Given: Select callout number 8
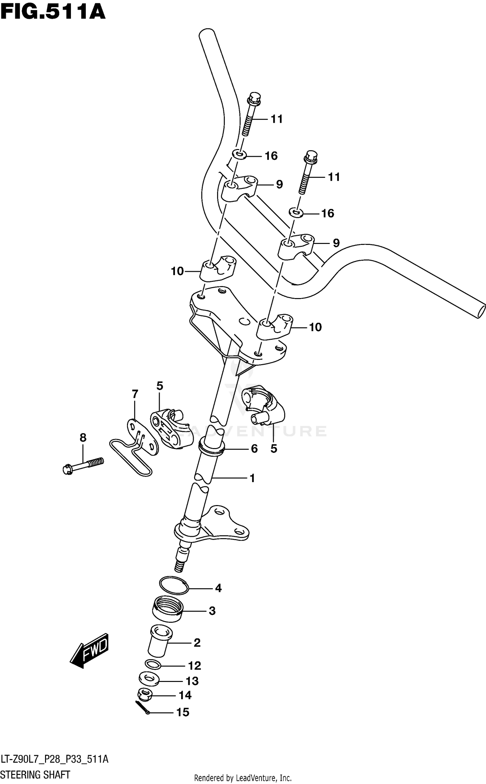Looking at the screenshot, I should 83,438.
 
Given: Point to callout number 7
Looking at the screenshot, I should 135,394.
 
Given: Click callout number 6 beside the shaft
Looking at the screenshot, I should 254,449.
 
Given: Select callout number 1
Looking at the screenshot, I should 252,478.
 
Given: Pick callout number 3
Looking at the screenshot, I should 212,611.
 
